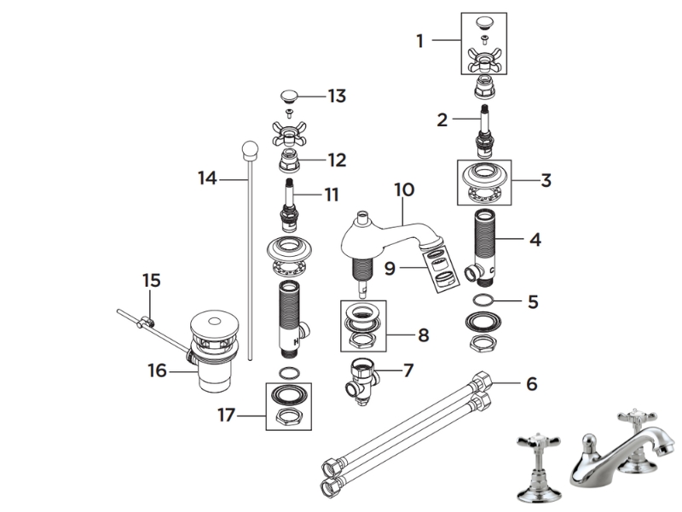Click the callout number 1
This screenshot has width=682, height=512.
tap(419, 39)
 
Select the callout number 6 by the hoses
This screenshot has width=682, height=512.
tap(531, 385)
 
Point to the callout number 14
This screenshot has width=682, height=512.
tap(207, 178)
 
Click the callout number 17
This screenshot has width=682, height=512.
tap(226, 416)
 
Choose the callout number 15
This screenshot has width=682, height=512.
tap(151, 280)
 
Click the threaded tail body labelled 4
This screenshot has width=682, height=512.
tap(483, 241)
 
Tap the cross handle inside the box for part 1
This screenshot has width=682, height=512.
tap(483, 60)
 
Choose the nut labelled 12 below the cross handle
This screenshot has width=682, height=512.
tap(292, 160)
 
